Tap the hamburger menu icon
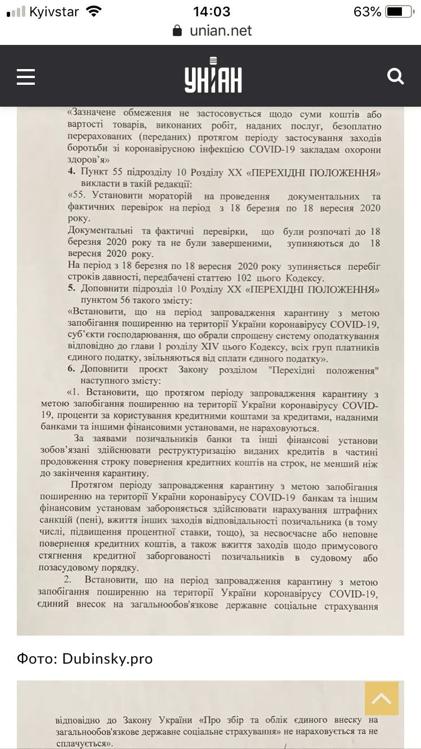26,77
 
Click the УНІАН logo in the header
213,76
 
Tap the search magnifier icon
396,76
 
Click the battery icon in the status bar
400,12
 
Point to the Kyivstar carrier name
54,12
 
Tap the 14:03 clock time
211,12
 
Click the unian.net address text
221,31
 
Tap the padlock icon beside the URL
177,31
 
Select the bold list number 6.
71,370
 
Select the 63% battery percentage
367,12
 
